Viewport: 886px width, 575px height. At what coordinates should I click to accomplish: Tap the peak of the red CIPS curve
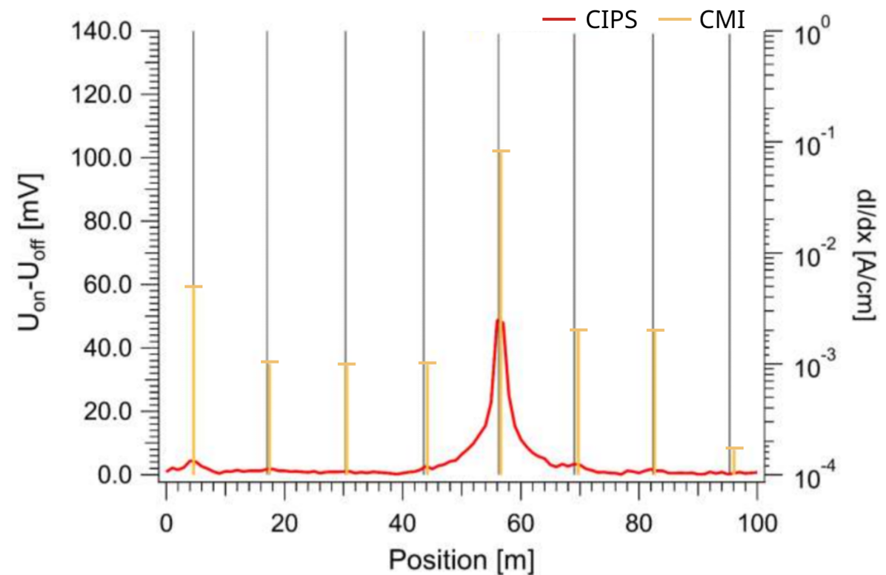point(499,320)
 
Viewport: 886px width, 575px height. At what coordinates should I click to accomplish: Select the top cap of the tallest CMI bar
point(501,151)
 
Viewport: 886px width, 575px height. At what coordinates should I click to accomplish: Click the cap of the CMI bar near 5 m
point(193,286)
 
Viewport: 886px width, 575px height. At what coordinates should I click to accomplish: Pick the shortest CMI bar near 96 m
point(733,460)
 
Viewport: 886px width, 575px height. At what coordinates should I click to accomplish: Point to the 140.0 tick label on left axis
point(102,32)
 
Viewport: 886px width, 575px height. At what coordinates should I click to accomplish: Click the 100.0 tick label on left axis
point(102,158)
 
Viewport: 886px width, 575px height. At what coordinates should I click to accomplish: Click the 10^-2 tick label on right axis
point(813,252)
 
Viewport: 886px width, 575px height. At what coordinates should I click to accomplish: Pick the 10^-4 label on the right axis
point(813,478)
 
